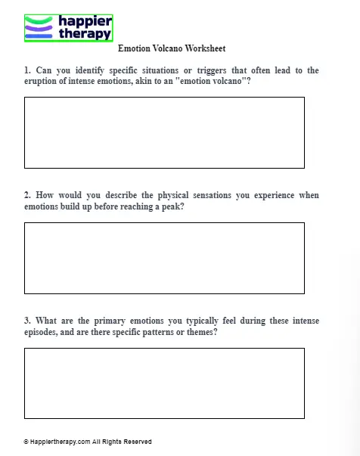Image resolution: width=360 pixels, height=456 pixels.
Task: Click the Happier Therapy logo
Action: (68, 27)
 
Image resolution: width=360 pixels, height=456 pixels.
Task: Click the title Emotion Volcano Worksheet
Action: (172, 48)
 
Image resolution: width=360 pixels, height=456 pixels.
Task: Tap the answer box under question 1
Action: (164, 132)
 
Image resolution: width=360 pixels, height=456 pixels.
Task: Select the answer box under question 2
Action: (164, 258)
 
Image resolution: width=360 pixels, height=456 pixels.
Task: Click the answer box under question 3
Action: (164, 383)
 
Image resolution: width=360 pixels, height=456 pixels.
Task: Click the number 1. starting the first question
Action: (28, 70)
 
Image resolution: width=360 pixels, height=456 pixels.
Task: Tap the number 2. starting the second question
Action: (28, 195)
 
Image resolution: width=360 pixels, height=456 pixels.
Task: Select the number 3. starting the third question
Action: (28, 321)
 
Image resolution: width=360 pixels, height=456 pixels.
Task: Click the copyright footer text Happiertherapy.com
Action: (61, 442)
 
